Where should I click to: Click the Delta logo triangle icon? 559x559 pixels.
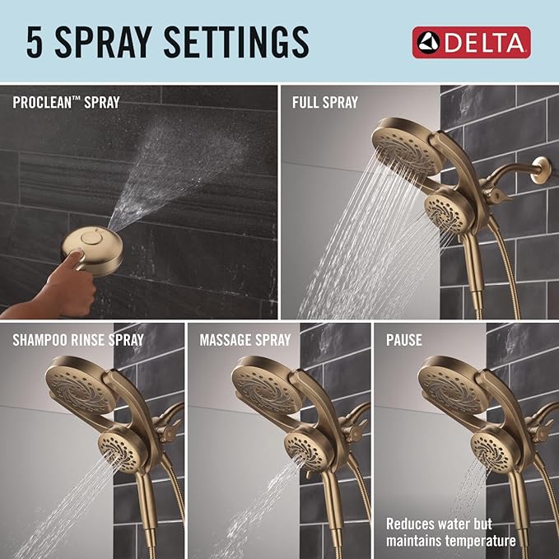point(429,42)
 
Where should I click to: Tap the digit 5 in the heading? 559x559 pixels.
point(35,41)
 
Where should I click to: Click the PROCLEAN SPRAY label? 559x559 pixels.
point(66,103)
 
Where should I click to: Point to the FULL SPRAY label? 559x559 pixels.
point(325,103)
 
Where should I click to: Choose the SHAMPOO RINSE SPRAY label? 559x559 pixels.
point(78,339)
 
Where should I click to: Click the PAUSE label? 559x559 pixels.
point(404,339)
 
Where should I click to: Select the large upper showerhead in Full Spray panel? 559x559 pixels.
point(404,143)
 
